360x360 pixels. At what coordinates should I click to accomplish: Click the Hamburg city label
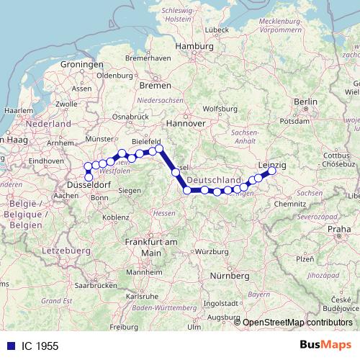[x=195, y=46]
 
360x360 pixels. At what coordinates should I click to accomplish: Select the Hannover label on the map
[x=186, y=123]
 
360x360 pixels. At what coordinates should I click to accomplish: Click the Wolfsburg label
[x=220, y=109]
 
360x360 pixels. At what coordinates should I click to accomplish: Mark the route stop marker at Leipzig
[x=272, y=171]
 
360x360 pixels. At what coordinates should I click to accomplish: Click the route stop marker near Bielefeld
[x=160, y=149]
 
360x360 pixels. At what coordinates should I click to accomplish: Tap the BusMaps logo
[x=325, y=345]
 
